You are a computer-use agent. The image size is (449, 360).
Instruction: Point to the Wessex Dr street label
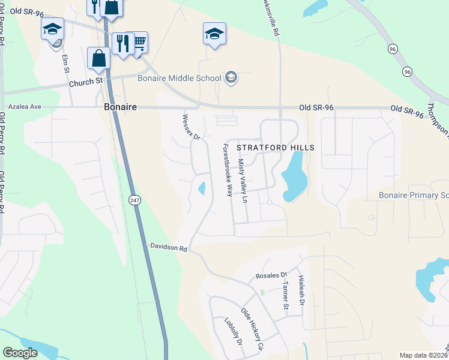(x=190, y=127)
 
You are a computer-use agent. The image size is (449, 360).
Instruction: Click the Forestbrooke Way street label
(x=228, y=170)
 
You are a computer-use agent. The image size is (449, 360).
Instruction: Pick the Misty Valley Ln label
(x=243, y=181)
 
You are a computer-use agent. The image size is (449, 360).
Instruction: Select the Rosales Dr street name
(x=271, y=275)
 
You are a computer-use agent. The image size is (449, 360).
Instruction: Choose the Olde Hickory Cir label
(x=252, y=329)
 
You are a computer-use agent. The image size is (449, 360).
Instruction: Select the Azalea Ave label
(x=25, y=106)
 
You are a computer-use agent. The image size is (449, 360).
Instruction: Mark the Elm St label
(x=66, y=64)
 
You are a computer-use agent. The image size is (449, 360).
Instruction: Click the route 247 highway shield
(x=136, y=199)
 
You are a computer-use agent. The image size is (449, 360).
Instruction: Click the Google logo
(x=20, y=353)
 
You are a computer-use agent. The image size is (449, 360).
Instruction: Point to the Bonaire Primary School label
(x=414, y=196)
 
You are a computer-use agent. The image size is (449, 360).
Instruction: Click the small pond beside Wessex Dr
(x=202, y=188)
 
